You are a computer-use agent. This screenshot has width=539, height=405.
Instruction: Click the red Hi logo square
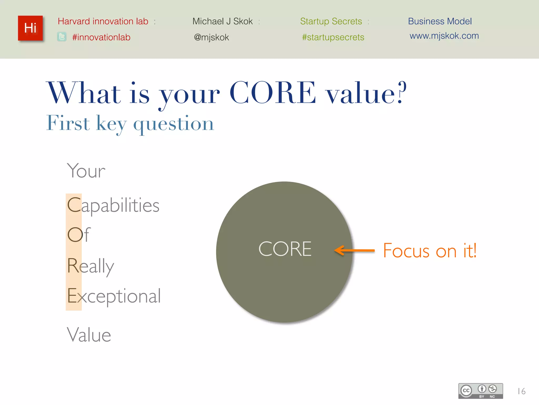(x=30, y=28)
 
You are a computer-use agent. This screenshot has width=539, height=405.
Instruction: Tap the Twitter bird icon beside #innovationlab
(x=62, y=37)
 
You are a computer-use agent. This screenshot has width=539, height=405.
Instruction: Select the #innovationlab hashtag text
(x=101, y=37)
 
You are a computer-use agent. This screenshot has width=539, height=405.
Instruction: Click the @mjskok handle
(x=211, y=37)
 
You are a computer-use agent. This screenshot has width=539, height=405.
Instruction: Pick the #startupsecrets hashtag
(x=333, y=37)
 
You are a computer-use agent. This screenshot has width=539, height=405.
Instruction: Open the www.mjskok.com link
(x=444, y=36)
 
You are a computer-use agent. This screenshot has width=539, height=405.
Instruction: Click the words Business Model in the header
(x=440, y=21)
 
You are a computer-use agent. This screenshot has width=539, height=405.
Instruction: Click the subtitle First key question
(x=130, y=123)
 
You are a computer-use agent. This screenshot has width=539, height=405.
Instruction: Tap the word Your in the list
(x=86, y=171)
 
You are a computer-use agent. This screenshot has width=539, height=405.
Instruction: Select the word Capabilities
(x=113, y=205)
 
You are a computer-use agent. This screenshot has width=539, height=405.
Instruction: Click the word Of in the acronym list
(x=79, y=235)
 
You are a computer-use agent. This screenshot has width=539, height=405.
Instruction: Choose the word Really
(x=91, y=266)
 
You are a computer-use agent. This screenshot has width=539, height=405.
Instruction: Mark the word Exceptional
(x=114, y=296)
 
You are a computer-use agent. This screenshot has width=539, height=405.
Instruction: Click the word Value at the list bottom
(x=89, y=335)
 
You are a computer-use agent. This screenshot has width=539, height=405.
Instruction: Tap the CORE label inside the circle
(x=285, y=249)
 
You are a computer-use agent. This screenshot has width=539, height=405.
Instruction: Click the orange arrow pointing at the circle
(x=354, y=250)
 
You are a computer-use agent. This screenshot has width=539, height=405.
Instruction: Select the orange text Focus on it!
(x=430, y=250)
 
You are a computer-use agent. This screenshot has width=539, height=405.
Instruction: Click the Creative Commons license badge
(x=481, y=391)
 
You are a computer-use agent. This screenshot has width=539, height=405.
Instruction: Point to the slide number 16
(x=521, y=391)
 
